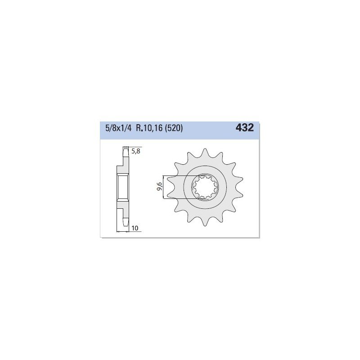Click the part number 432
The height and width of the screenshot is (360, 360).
244,128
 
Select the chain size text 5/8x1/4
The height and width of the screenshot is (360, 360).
118,128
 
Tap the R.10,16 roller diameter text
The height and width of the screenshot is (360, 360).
148,128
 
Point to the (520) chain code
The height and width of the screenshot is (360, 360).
173,128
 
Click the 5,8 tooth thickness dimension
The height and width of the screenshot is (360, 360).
135,151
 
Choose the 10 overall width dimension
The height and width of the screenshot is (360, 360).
135,228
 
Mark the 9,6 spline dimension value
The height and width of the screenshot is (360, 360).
160,187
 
